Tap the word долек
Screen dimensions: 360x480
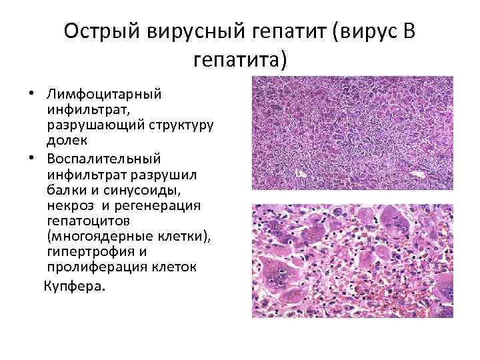[x=65, y=141]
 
